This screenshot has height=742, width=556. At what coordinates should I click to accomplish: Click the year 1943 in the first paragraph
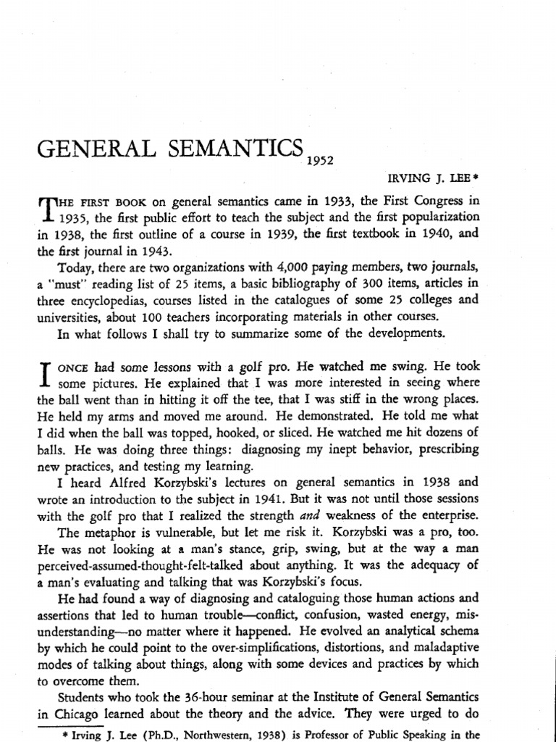pos(154,251)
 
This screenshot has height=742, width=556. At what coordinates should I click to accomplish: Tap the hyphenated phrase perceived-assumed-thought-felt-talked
pos(147,565)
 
